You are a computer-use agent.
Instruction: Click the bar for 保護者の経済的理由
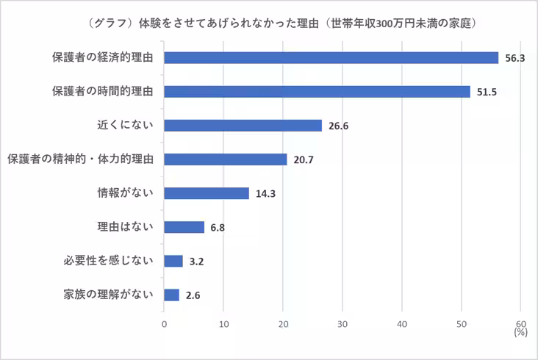tap(331, 57)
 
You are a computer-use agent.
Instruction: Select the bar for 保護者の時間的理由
tap(317, 91)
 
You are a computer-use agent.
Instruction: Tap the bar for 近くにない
tap(243, 125)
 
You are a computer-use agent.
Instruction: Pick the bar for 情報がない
tap(207, 193)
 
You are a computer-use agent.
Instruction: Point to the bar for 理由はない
tap(184, 227)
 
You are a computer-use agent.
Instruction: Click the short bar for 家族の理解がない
tap(171, 295)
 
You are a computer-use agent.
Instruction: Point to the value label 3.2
tap(195, 262)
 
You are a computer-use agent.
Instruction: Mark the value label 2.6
tap(192, 295)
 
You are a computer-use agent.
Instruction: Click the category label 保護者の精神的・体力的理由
tap(80, 159)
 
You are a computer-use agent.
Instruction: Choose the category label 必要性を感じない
tap(108, 261)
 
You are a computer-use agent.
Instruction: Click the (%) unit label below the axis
tap(521, 333)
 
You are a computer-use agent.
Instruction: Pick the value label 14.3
tap(266, 194)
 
